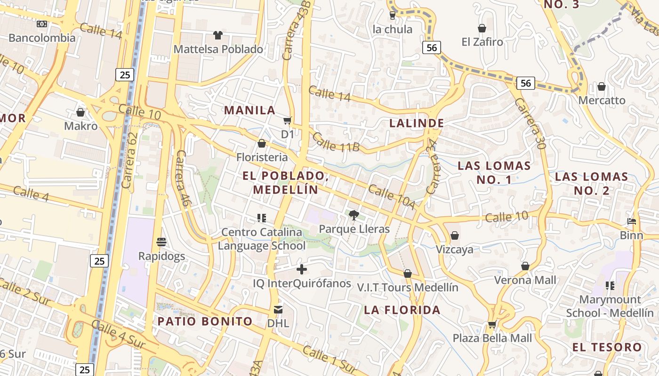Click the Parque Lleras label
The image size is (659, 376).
354,229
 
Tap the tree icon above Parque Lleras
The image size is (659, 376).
354,215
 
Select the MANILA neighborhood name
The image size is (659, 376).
249,110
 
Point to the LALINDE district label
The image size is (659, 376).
417,123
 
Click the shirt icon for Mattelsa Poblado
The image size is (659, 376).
217,35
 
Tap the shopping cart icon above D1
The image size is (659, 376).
287,121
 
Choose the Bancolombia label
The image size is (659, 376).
42,38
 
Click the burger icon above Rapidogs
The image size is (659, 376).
161,242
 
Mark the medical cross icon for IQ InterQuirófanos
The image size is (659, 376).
302,269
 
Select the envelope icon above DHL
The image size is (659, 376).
278,310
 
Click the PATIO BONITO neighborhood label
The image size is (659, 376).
205,321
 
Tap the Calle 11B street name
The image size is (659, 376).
336,142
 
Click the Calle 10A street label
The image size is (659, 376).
392,197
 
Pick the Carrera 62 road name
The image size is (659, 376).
129,160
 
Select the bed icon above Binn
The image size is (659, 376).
632,221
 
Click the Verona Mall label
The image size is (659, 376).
525,280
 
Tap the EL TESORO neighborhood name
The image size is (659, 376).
607,347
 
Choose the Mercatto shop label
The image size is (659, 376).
602,100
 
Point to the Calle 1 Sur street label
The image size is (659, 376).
329,360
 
